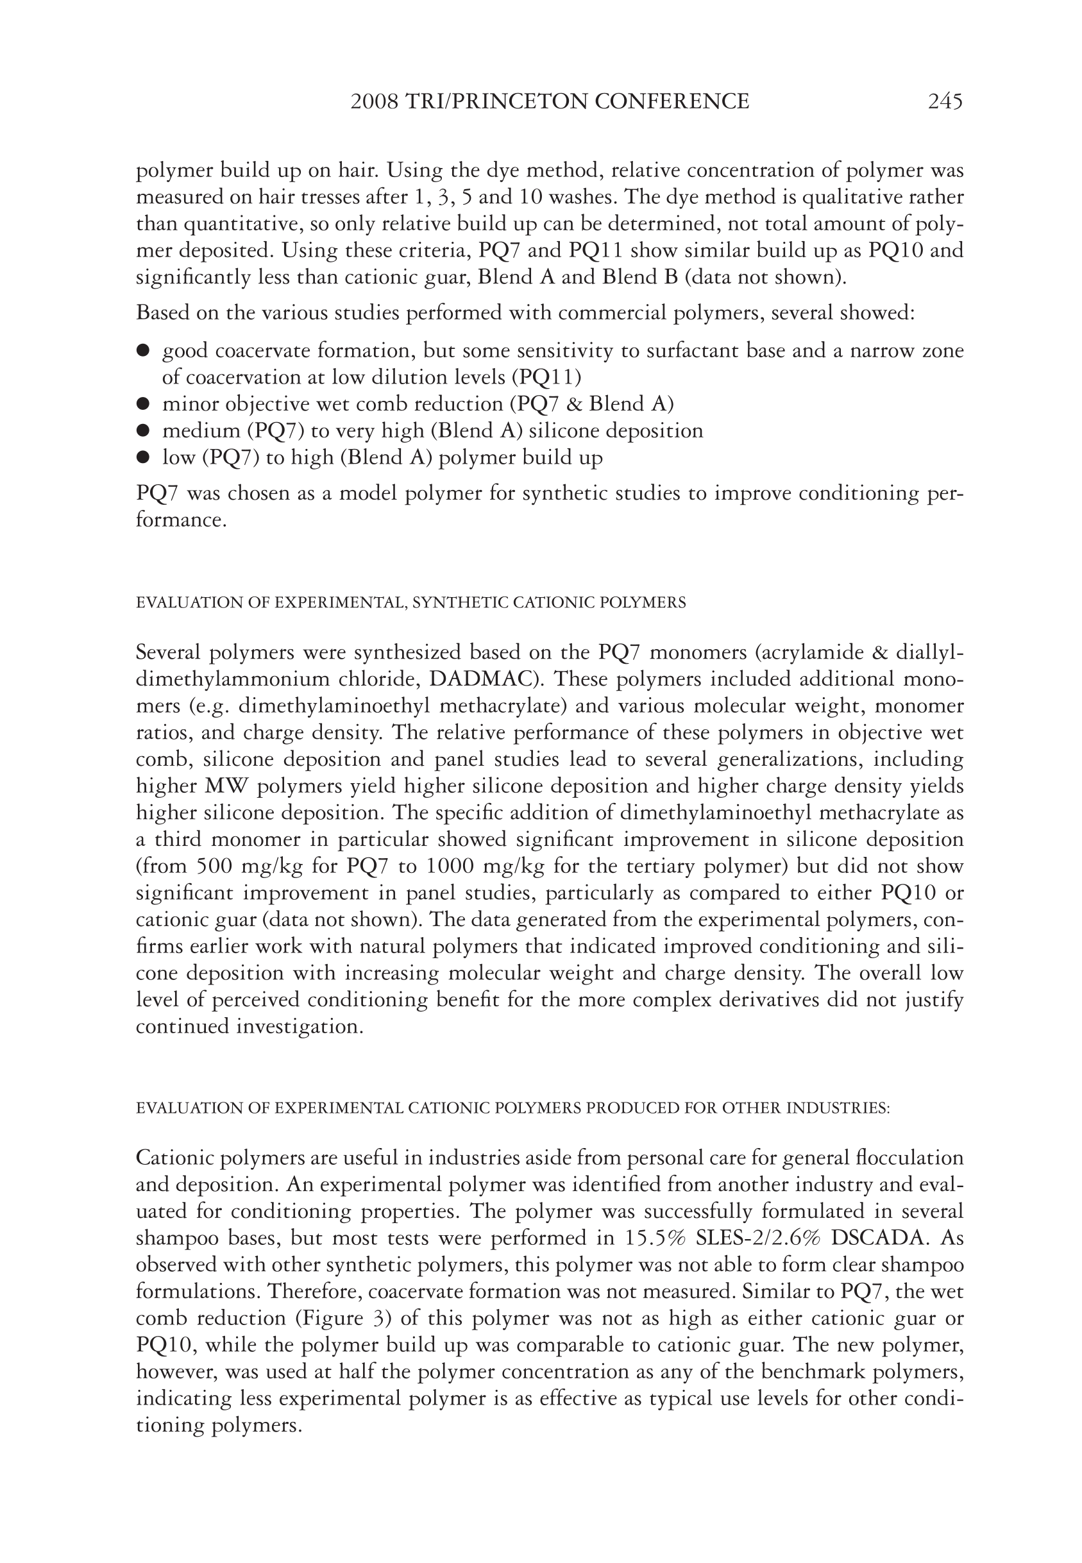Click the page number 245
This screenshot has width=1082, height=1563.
(945, 102)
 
